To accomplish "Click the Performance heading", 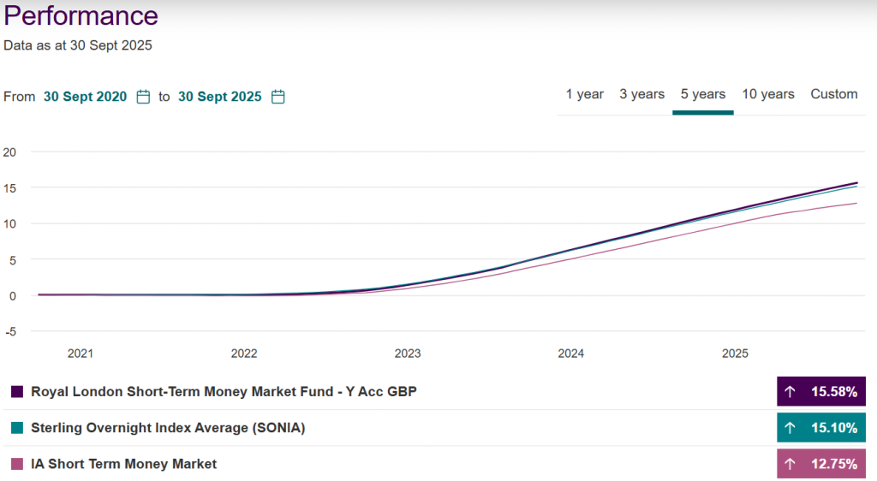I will tap(81, 16).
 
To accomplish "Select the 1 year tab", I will tap(584, 94).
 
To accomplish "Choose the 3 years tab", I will tap(642, 94).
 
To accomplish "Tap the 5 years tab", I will tap(703, 94).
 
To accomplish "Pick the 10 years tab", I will tap(768, 94).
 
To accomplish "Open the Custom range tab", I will tap(834, 94).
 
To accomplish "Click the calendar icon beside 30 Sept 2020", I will tap(144, 97).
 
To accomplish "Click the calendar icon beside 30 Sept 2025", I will tap(278, 97).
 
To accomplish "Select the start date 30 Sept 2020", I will tap(85, 97).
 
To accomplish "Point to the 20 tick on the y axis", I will tap(10, 152).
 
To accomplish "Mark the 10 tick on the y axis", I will tap(10, 224).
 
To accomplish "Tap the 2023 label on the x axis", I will tap(408, 353).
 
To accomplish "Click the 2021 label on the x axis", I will tap(81, 353).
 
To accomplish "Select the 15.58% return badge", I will tap(821, 391).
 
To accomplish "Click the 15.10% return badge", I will tap(821, 428).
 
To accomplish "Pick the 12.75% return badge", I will tap(821, 464).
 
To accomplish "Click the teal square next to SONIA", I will tap(17, 428).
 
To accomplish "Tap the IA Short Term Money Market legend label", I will tap(123, 464).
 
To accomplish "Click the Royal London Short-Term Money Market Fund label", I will tap(224, 391).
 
